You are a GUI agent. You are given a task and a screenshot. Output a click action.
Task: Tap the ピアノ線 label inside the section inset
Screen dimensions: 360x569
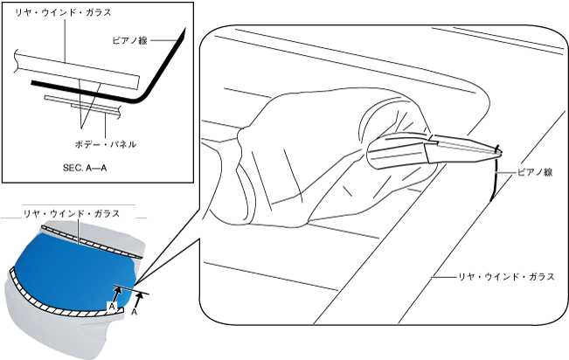(x=135, y=40)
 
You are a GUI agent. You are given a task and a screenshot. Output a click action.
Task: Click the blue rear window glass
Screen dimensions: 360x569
(x=74, y=267)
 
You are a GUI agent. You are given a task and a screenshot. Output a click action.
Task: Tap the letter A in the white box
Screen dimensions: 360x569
(x=111, y=305)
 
